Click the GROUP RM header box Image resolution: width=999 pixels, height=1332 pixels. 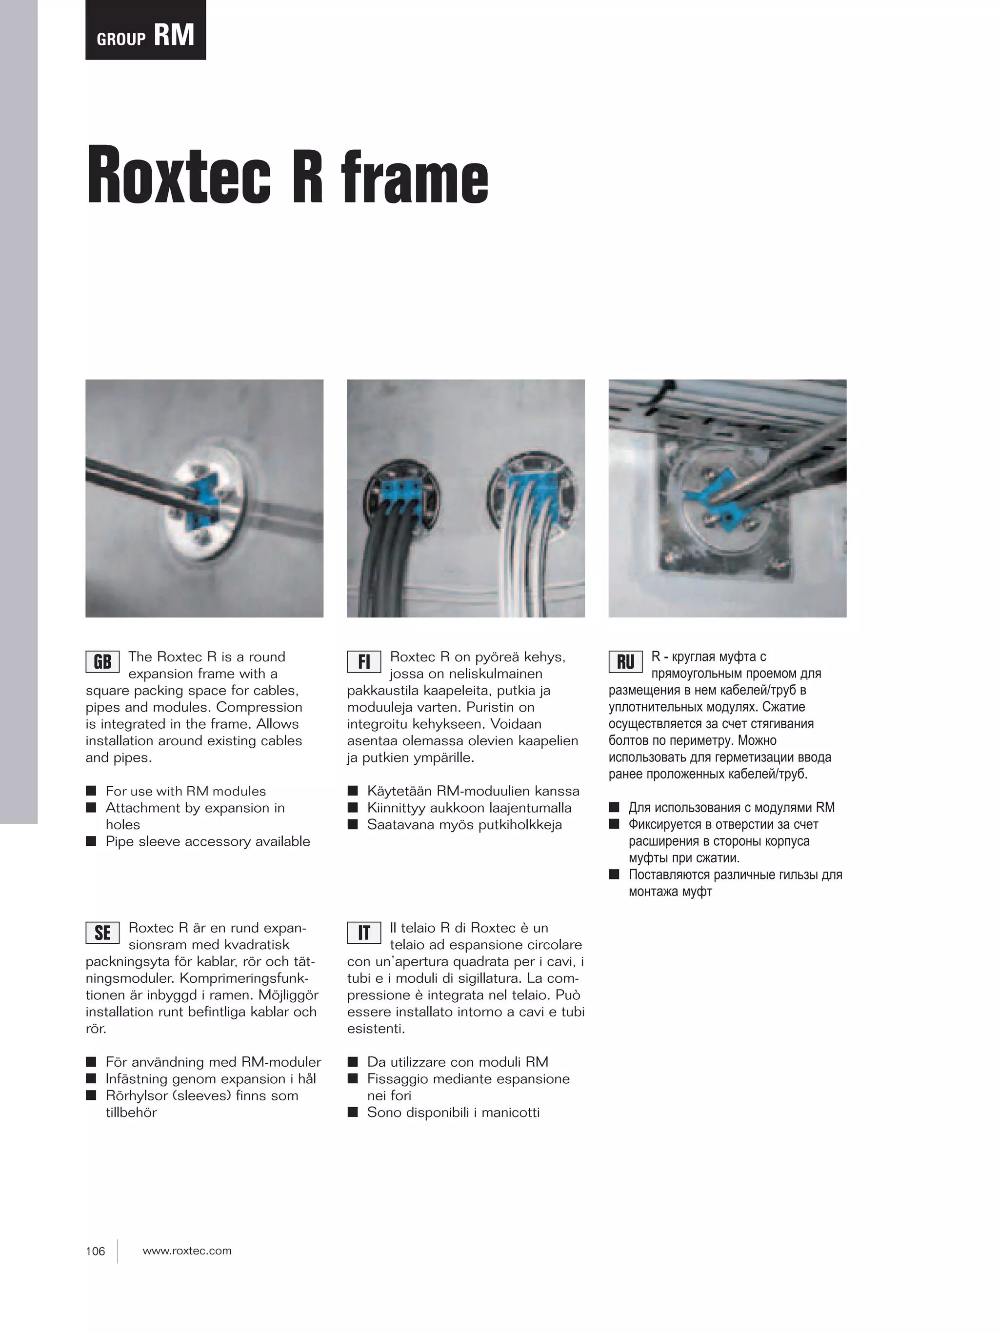point(145,30)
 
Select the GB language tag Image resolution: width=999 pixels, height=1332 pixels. point(102,662)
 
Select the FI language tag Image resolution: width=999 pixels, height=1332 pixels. point(364,662)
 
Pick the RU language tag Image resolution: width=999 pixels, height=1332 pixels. point(625,662)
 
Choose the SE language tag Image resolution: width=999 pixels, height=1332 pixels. point(102,933)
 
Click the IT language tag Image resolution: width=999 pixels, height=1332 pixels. point(364,933)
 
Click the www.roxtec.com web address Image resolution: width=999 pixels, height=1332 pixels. point(187,1251)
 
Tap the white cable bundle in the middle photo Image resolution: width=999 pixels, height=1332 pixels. point(524,554)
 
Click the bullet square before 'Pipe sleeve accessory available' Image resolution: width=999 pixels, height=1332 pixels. point(91,841)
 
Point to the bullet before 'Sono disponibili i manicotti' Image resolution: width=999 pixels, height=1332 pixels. point(353,1112)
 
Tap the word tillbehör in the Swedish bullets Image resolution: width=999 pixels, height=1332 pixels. point(131,1112)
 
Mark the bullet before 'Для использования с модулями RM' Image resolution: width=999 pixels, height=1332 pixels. point(614,808)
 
